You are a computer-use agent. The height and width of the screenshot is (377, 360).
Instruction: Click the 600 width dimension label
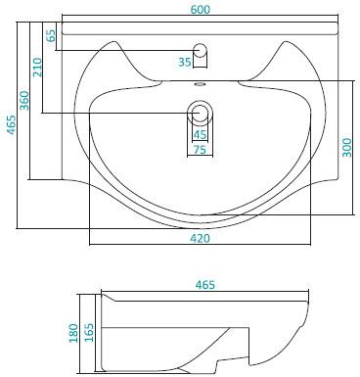point(201,10)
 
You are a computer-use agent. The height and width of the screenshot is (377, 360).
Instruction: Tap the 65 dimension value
point(51,35)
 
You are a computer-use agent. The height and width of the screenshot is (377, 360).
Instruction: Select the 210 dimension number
point(38,67)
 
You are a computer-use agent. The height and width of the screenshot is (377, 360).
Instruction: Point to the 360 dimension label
point(24,100)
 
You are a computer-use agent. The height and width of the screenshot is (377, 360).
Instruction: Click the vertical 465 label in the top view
point(12,124)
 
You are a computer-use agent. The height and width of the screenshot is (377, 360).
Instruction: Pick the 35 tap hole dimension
point(185,62)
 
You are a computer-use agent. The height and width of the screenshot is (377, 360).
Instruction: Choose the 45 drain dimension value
point(200,134)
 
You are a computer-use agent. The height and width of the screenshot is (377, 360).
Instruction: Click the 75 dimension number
point(200,150)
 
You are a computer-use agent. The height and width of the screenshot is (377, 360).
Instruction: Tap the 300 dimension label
point(347,148)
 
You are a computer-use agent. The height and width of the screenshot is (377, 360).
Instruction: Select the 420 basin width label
point(200,239)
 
